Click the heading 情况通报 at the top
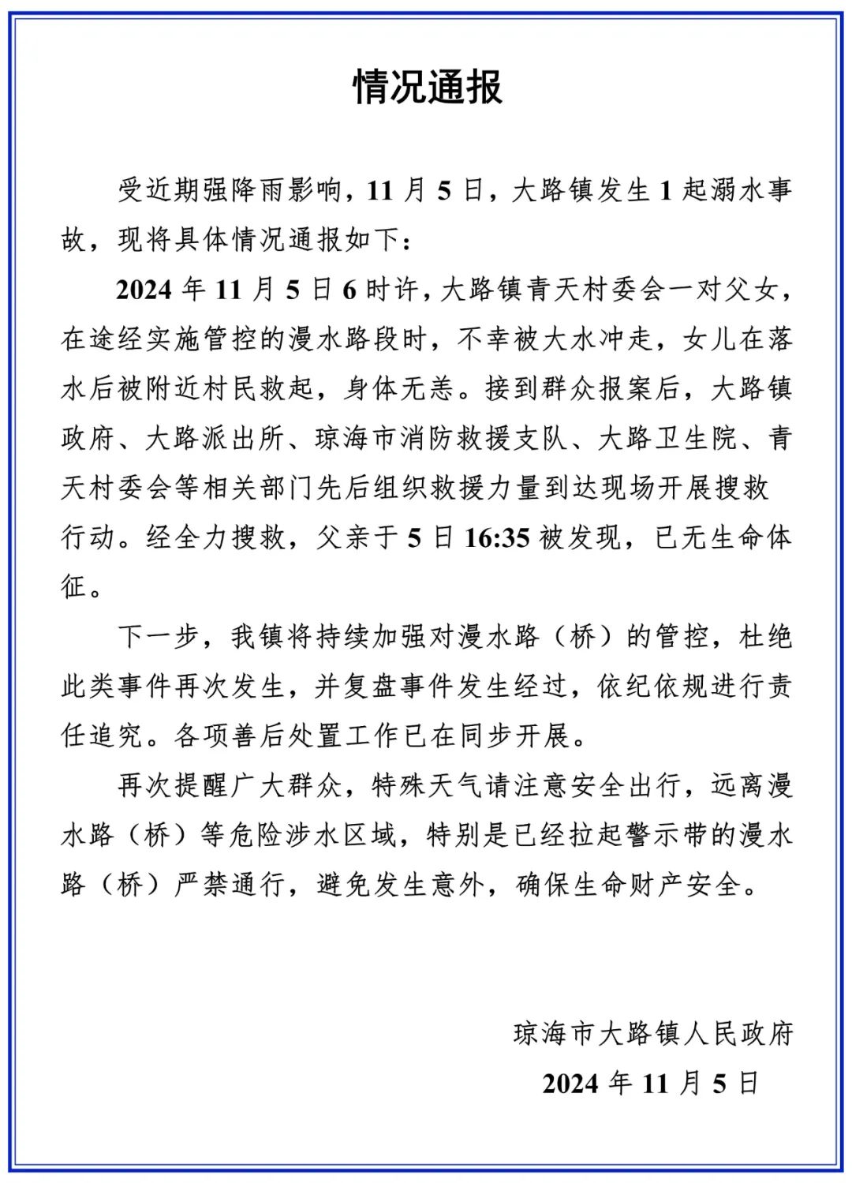[427, 87]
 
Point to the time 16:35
[496, 538]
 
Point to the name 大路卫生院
[667, 439]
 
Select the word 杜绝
[764, 637]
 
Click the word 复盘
[371, 687]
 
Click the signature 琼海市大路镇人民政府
[652, 1034]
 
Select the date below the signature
[651, 1084]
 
